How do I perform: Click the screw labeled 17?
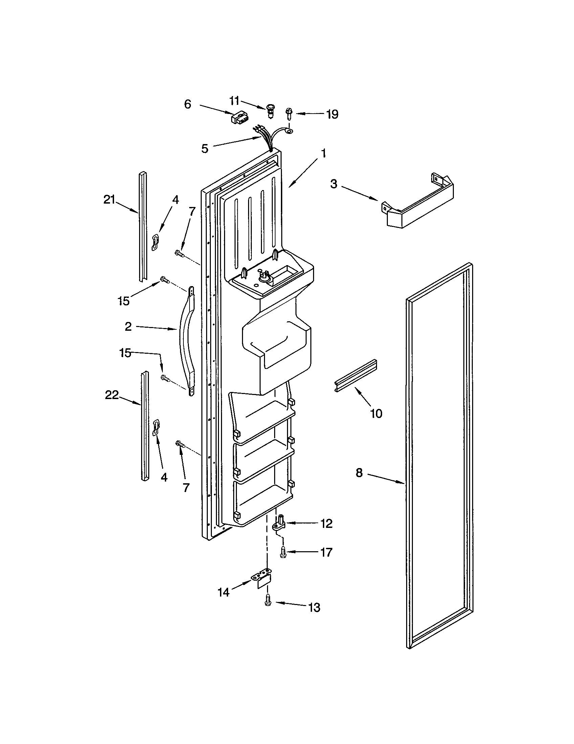[283, 552]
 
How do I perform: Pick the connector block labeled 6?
[239, 118]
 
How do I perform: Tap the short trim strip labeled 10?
[355, 375]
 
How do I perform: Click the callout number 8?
[359, 473]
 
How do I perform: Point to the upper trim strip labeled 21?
[143, 227]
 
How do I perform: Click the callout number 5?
[204, 149]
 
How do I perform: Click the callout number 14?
[224, 593]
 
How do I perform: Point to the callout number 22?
[111, 395]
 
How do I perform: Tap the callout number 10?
[376, 414]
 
